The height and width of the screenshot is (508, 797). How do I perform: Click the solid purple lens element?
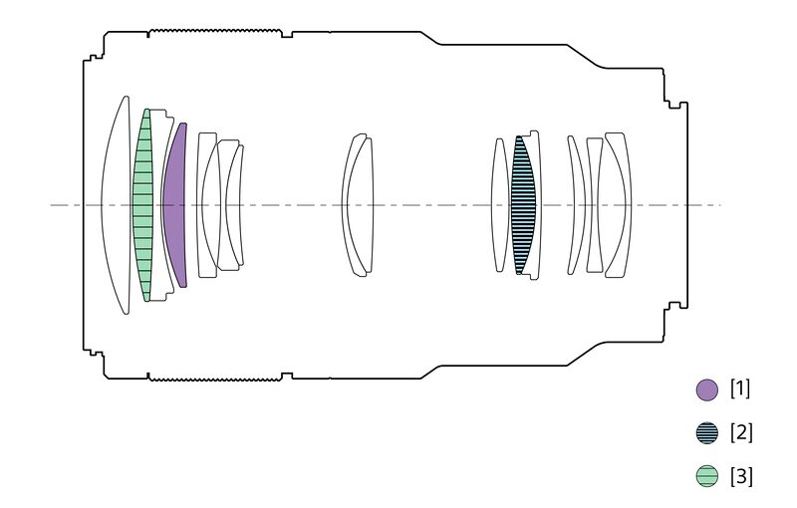(176, 205)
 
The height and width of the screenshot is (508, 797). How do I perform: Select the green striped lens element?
(142, 205)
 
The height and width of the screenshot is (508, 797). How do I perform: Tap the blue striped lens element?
(524, 205)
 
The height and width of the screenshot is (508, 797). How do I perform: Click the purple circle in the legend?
(706, 390)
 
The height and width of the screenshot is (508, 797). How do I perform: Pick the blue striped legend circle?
(706, 433)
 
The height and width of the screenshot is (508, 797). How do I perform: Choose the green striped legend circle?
(706, 476)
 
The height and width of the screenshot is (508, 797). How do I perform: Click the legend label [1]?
(740, 389)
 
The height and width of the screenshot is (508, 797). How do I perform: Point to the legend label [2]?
(740, 432)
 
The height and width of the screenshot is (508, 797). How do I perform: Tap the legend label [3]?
(740, 476)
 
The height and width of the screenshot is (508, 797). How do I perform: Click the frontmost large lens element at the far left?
(116, 205)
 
